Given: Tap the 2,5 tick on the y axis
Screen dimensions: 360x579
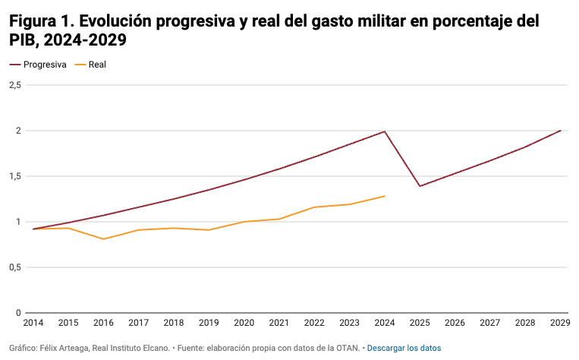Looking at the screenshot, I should tap(14, 85).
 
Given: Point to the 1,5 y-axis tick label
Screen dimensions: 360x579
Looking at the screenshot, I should tap(14, 176).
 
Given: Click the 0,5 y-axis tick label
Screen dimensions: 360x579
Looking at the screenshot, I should tap(14, 267).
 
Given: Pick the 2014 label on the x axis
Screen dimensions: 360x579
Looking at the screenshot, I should tap(33, 323).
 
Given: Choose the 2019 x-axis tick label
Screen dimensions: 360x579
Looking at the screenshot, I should tap(209, 323).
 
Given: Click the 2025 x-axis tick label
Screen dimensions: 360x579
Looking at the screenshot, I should tap(420, 323).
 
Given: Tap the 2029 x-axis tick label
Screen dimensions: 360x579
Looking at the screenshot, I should tap(560, 323).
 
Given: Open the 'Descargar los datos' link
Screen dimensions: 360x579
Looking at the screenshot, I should tap(404, 348).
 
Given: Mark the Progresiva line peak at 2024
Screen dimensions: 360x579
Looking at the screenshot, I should tap(385, 131).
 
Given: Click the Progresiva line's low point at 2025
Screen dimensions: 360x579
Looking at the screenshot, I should tap(420, 186).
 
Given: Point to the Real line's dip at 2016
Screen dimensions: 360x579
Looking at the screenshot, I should tap(103, 239).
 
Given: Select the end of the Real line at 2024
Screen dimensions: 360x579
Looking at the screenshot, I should tap(385, 196).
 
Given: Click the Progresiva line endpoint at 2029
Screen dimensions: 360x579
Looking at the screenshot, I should tap(560, 131).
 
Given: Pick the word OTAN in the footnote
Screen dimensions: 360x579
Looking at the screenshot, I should tap(348, 348).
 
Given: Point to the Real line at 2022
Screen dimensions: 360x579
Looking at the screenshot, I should tap(314, 207).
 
